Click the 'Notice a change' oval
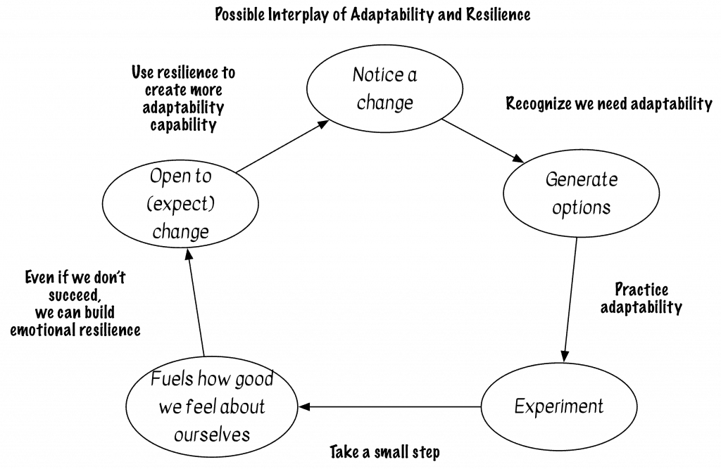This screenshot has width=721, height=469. [x=384, y=88]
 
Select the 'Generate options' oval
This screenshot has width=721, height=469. [x=581, y=193]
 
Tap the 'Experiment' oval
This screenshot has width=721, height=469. [x=558, y=406]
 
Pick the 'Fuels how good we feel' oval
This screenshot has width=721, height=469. [x=211, y=407]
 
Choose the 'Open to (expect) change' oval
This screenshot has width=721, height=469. [x=180, y=203]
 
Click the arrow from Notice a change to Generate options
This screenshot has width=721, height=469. [x=483, y=139]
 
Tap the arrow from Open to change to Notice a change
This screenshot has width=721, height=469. [x=282, y=146]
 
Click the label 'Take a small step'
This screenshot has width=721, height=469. [x=384, y=451]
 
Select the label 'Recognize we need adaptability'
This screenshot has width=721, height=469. [x=609, y=104]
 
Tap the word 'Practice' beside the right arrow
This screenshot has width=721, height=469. [x=641, y=289]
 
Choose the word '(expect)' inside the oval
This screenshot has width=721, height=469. [x=180, y=204]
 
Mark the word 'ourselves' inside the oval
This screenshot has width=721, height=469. [x=211, y=434]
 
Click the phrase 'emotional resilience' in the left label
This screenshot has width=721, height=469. [x=75, y=329]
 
